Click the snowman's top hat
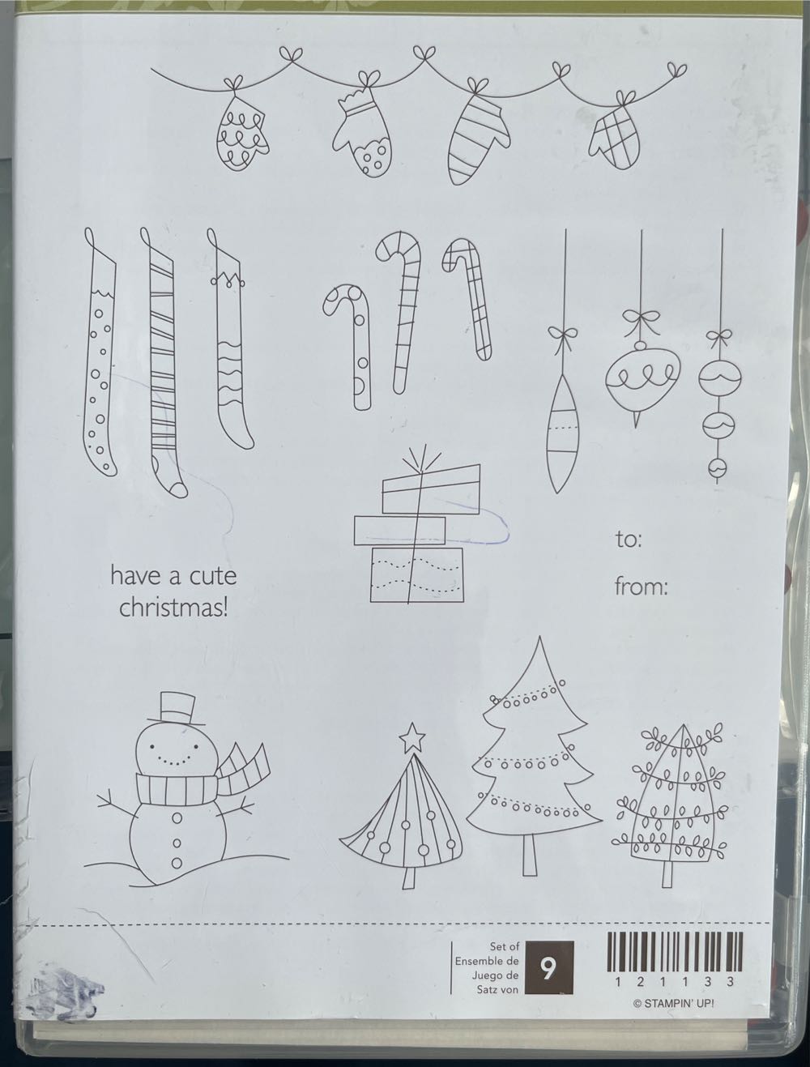click(x=171, y=708)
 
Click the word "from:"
click(x=641, y=587)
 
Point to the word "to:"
click(x=629, y=539)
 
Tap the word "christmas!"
click(x=173, y=608)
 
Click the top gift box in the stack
click(x=431, y=489)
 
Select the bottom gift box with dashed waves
click(x=417, y=574)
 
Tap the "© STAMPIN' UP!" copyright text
click(x=674, y=1003)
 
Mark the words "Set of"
click(x=505, y=946)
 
